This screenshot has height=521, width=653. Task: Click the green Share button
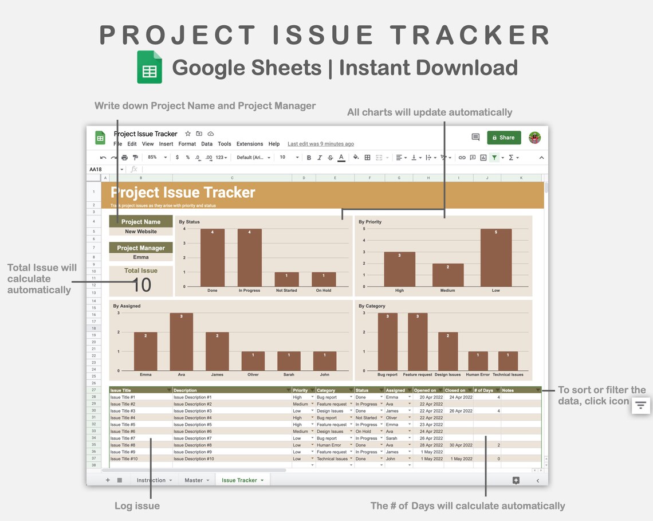click(x=504, y=138)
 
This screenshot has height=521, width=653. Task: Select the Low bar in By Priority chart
click(x=495, y=257)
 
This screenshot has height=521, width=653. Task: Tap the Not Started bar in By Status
click(x=286, y=279)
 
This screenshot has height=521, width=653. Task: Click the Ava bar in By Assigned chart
click(x=181, y=342)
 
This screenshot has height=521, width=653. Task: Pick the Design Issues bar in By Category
click(x=447, y=351)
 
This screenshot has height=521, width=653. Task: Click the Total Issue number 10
click(x=141, y=285)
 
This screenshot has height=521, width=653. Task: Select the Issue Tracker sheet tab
click(x=239, y=480)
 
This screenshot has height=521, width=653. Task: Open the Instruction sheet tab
click(x=151, y=480)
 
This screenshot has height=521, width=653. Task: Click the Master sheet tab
click(x=194, y=480)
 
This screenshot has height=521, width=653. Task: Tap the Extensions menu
click(x=250, y=144)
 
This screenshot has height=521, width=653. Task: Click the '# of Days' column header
click(x=484, y=390)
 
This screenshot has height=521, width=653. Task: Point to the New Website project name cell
click(x=141, y=232)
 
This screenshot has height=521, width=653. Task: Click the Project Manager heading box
click(x=141, y=248)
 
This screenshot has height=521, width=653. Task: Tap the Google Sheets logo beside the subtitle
click(x=150, y=68)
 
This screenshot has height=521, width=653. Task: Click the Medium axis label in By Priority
click(x=447, y=291)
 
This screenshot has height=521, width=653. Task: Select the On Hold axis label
click(x=324, y=291)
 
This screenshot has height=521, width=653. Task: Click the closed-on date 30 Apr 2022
click(x=461, y=445)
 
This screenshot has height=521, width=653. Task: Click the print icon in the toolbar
click(x=124, y=158)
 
